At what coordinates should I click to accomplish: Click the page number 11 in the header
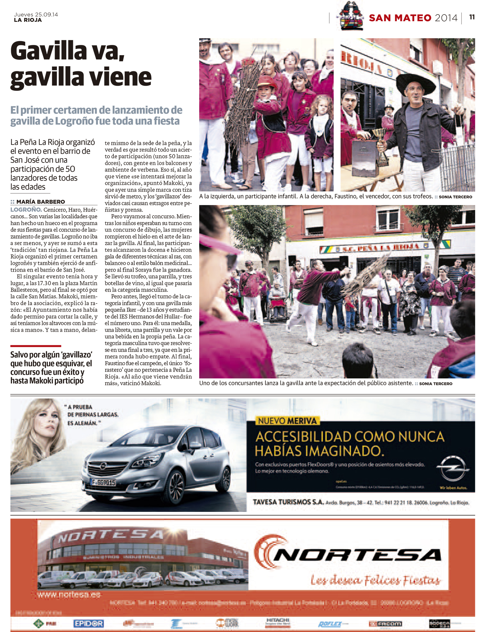click(472, 17)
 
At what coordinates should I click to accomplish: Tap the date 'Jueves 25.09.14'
click(36, 14)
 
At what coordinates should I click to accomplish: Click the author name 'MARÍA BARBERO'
click(40, 202)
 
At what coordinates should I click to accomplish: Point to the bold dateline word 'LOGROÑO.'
click(26, 210)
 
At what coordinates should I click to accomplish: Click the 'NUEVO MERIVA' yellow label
click(287, 421)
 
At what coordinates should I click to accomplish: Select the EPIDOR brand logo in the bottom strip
click(88, 623)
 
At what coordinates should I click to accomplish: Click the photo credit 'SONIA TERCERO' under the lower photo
click(435, 383)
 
